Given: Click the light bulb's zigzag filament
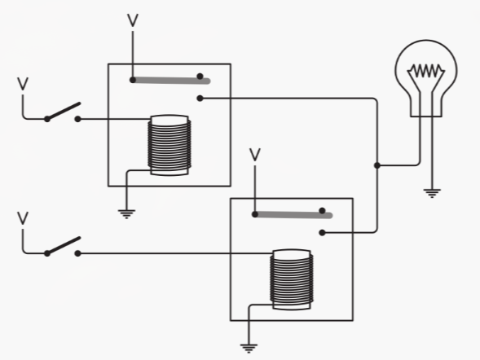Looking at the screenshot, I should tap(425, 72).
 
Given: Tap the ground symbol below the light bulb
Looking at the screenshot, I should tap(431, 193).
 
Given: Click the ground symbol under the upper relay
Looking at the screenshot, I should tap(126, 213).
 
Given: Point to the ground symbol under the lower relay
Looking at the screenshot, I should tap(249, 347).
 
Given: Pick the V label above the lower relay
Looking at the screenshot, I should tap(254, 153).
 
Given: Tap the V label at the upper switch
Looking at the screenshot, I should tap(23, 83).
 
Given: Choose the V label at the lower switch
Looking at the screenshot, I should tap(23, 217).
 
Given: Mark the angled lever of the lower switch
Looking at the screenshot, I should tap(64, 245).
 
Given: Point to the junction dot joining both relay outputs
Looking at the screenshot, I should tap(377, 165).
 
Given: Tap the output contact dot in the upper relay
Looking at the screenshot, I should tap(200, 99).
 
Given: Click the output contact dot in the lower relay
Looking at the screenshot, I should tap(323, 233).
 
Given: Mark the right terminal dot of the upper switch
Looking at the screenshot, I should tap(78, 120).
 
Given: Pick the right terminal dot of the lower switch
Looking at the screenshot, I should tap(78, 253).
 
